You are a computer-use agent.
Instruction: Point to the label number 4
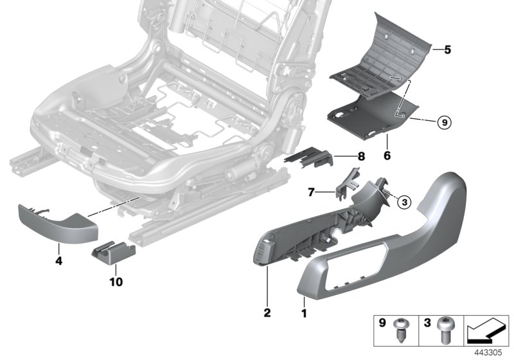(x=60, y=262)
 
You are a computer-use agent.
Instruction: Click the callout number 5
(x=448, y=48)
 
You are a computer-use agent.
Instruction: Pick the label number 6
(x=388, y=155)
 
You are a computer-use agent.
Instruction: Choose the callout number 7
(x=311, y=192)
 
